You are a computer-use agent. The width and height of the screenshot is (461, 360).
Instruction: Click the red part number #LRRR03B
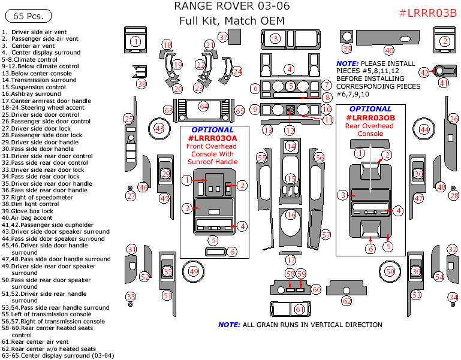point(427,13)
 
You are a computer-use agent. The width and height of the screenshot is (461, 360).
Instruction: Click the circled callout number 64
point(204,106)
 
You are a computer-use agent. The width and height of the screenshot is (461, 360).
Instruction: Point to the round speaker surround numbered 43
point(159,128)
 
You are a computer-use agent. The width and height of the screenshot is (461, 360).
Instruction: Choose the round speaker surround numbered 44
point(424,129)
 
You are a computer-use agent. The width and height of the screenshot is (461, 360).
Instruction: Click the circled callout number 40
point(389,50)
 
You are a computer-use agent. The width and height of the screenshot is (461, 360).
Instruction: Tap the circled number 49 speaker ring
point(194,271)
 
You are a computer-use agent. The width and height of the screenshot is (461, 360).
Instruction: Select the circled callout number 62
point(346,301)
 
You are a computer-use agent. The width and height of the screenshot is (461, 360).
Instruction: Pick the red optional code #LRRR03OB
point(370,118)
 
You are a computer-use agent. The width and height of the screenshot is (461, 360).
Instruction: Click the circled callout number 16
point(291,214)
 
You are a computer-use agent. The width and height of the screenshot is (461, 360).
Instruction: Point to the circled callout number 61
point(300,309)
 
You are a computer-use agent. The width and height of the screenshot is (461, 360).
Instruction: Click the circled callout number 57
point(326,234)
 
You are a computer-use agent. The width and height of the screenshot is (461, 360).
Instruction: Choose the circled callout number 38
point(141,84)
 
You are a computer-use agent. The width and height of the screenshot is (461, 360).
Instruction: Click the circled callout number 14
point(291,146)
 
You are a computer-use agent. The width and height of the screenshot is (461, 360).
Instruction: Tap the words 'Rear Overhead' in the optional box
point(370,126)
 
